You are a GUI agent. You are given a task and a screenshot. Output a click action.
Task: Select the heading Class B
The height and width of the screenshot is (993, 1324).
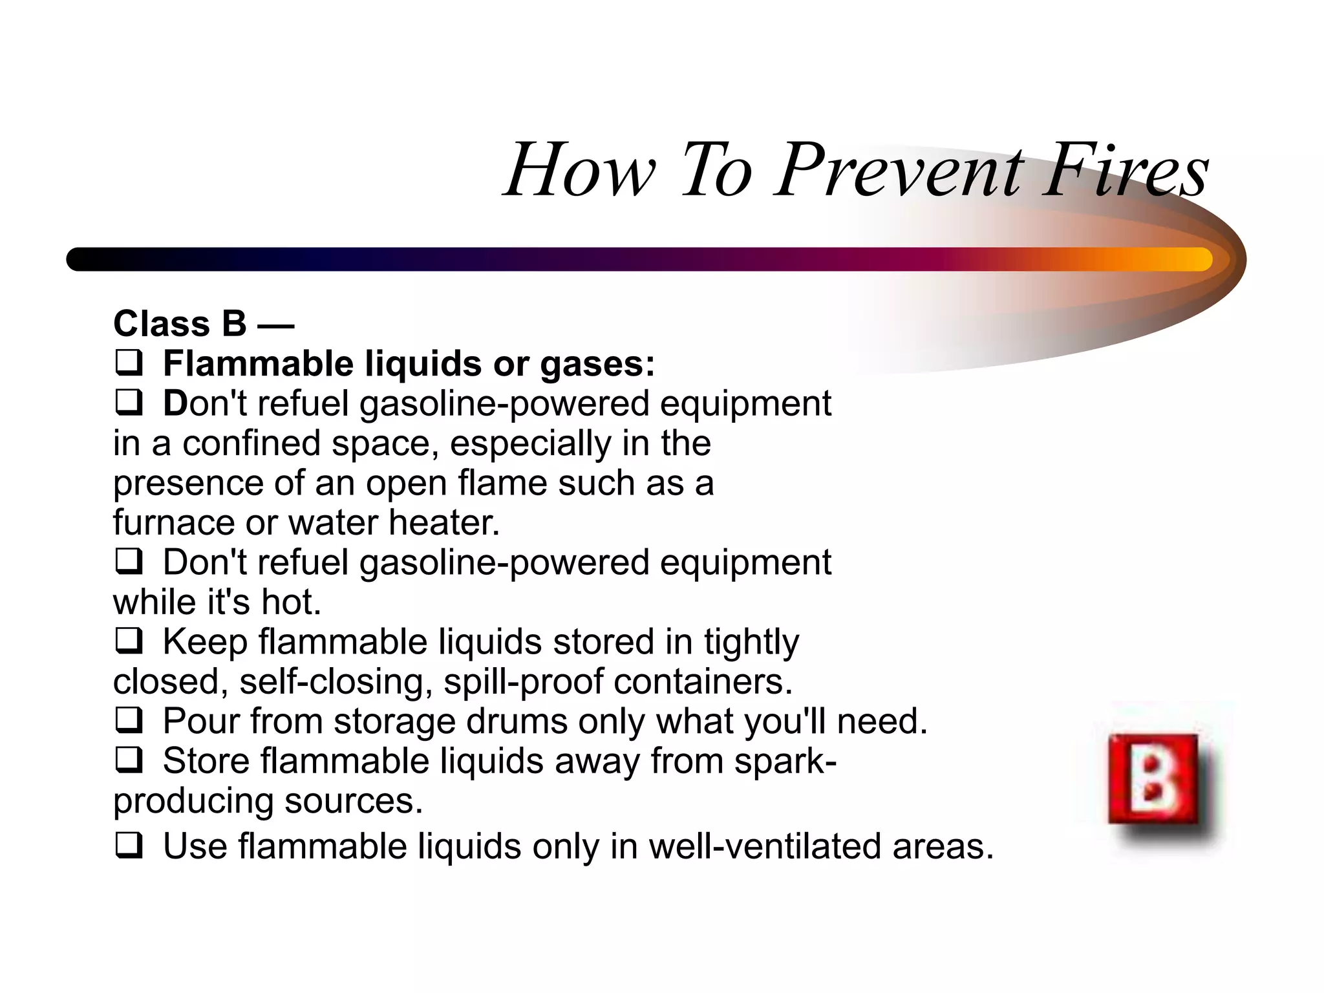pos(180,323)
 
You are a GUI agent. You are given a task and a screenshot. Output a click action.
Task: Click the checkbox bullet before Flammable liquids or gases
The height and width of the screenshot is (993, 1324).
pos(129,363)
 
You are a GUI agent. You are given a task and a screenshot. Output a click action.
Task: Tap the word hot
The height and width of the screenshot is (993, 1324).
pos(291,602)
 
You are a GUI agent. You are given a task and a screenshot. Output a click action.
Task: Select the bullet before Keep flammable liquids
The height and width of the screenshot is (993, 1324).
pos(129,641)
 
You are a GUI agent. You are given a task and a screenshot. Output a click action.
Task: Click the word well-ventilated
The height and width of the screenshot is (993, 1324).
pos(765,846)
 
